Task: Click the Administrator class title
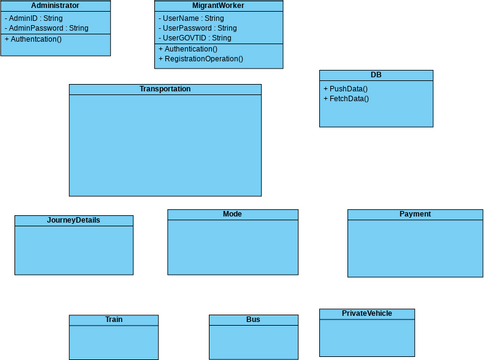pyautogui.click(x=55, y=6)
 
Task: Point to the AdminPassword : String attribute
pyautogui.click(x=47, y=28)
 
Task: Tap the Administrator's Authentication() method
pyautogui.click(x=34, y=39)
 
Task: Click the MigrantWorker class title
pyautogui.click(x=218, y=6)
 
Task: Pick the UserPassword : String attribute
pyautogui.click(x=199, y=28)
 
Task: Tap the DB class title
pyautogui.click(x=376, y=75)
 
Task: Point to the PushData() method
pyautogui.click(x=346, y=89)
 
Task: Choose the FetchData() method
pyautogui.click(x=346, y=99)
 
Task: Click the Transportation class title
pyautogui.click(x=165, y=89)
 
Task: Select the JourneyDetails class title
pyautogui.click(x=74, y=220)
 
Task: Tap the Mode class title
pyautogui.click(x=232, y=214)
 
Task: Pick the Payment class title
pyautogui.click(x=415, y=214)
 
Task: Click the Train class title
pyautogui.click(x=113, y=320)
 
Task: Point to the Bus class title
pyautogui.click(x=253, y=320)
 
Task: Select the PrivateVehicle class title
pyautogui.click(x=367, y=313)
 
